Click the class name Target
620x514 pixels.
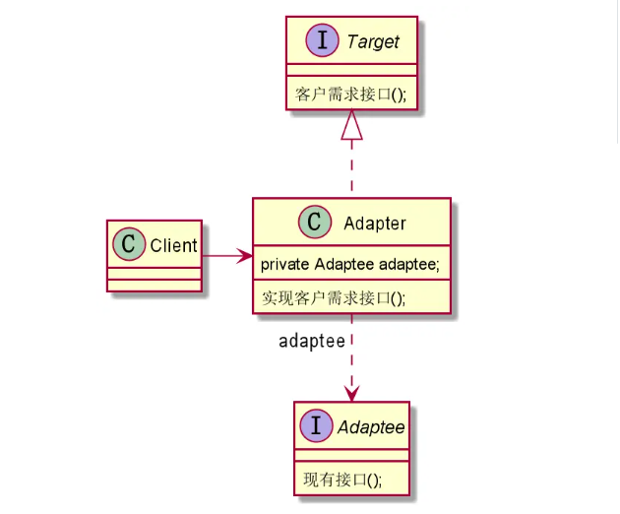372,42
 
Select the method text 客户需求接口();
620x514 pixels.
350,96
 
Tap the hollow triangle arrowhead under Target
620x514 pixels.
351,124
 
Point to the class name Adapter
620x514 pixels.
374,225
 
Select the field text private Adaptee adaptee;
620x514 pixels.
349,265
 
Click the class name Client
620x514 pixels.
173,246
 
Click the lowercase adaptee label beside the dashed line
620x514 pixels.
312,342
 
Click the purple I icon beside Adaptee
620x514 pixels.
317,426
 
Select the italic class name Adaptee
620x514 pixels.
370,427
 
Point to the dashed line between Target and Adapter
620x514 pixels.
351,167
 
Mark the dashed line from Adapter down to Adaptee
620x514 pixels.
351,354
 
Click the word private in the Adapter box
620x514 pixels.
284,265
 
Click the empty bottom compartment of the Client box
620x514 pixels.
154,286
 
